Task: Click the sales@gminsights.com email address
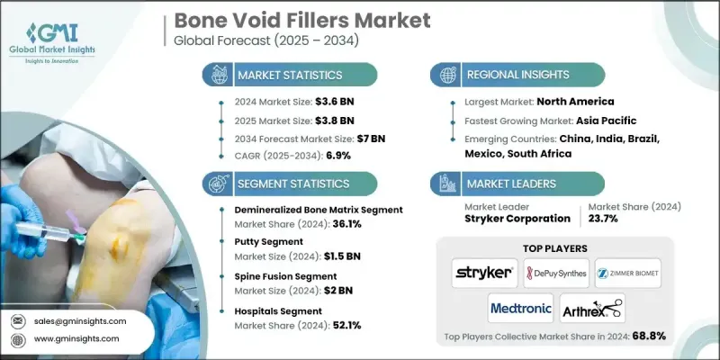click(81, 320)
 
